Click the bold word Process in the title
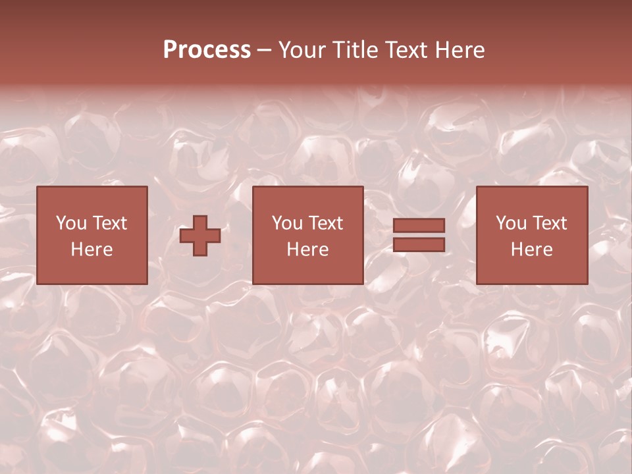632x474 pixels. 207,50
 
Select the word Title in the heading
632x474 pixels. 355,50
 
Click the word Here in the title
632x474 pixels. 461,50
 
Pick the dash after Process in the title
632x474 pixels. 265,51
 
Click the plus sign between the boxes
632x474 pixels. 200,236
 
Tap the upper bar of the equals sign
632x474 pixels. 419,226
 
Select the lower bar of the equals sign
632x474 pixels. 419,245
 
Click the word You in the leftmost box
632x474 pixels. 71,223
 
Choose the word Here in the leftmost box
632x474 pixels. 92,250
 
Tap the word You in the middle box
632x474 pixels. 287,223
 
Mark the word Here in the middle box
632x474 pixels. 307,250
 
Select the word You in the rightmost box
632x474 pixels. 511,223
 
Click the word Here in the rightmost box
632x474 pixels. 531,250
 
